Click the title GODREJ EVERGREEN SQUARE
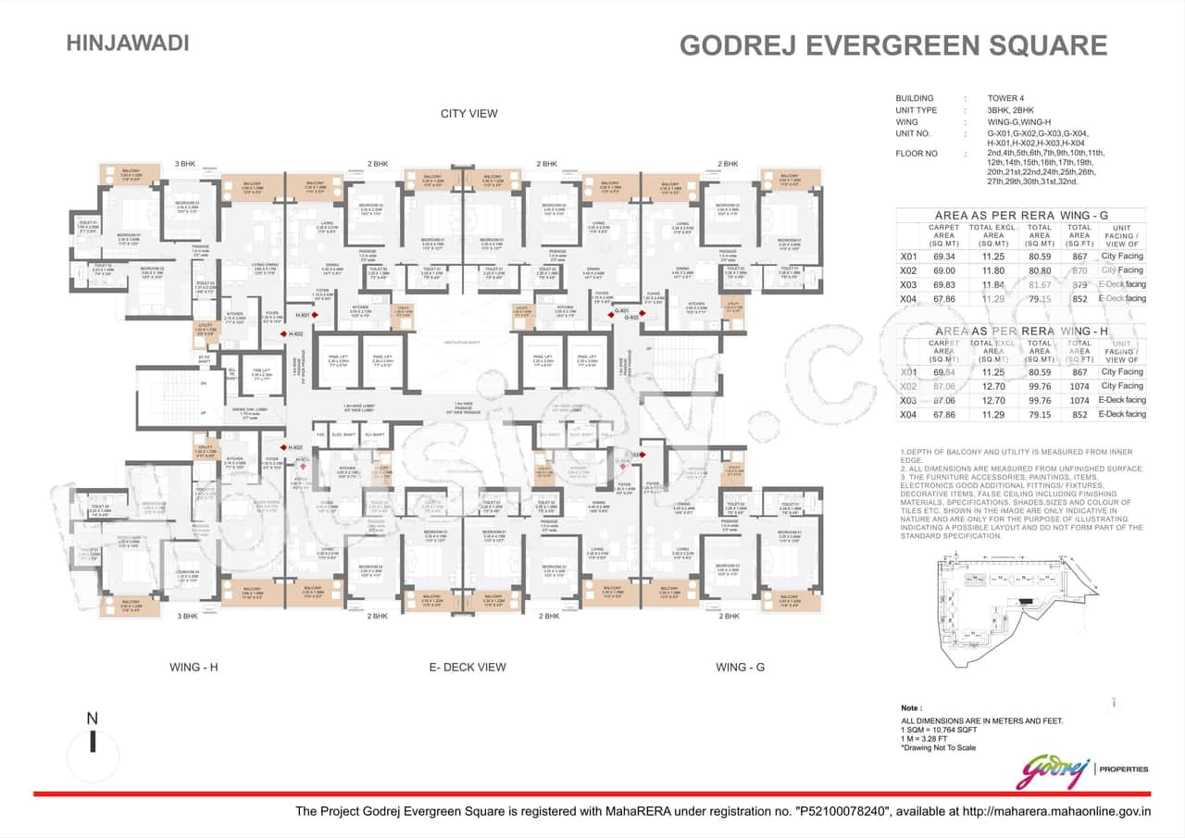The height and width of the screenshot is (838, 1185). tap(892, 46)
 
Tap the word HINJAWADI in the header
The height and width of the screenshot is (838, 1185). tap(128, 43)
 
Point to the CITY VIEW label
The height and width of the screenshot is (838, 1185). tap(468, 114)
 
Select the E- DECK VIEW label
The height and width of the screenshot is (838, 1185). tap(467, 667)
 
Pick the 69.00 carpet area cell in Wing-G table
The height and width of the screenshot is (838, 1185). tap(943, 270)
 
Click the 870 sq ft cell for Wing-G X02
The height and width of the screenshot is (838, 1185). tap(1079, 270)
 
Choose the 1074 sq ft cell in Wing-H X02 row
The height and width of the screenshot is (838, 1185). tap(1079, 386)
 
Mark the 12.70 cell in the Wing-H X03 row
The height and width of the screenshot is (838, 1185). tap(992, 400)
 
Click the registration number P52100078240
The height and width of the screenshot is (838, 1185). tap(843, 812)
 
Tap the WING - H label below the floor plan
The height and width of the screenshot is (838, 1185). tap(193, 667)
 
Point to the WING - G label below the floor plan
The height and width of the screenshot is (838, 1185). tap(740, 667)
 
